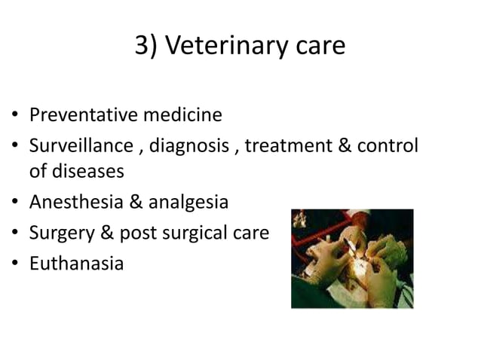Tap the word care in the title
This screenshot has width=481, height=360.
[317, 46]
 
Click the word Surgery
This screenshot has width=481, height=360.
[60, 233]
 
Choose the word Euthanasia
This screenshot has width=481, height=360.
[75, 264]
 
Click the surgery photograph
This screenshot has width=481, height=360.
[351, 258]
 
